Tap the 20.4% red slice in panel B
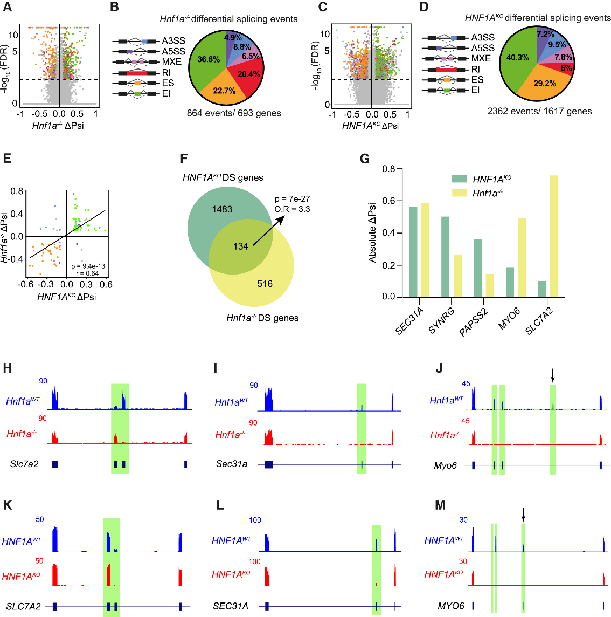point(248,74)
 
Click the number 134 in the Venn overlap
point(240,246)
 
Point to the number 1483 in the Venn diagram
point(222,209)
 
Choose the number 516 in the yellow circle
point(265,284)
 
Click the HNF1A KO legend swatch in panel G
point(459,179)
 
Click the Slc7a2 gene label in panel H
point(24,464)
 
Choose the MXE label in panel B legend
point(172,61)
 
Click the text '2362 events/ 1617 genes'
point(539,111)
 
